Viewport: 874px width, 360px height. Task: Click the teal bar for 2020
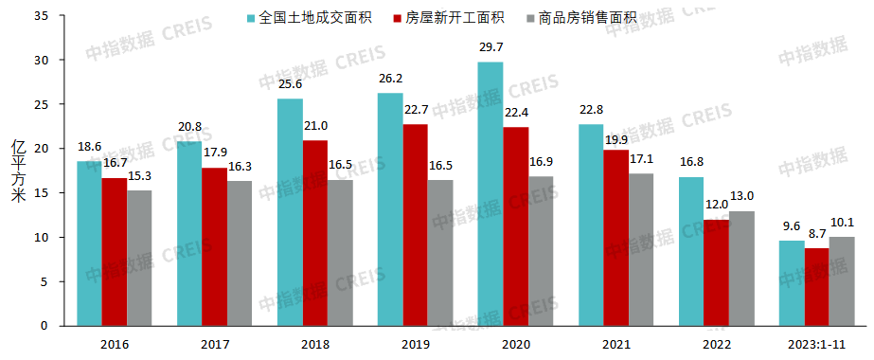[490, 194]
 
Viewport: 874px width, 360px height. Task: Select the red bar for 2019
[415, 225]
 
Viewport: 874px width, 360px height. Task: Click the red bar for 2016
[115, 252]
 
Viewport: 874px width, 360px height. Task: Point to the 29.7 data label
[491, 46]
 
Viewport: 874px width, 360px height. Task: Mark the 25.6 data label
[289, 83]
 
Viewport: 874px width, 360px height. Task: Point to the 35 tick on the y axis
[45, 16]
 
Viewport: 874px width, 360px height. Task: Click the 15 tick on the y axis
[45, 193]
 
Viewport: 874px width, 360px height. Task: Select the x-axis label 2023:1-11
[815, 343]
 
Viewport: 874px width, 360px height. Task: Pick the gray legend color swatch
[528, 18]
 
